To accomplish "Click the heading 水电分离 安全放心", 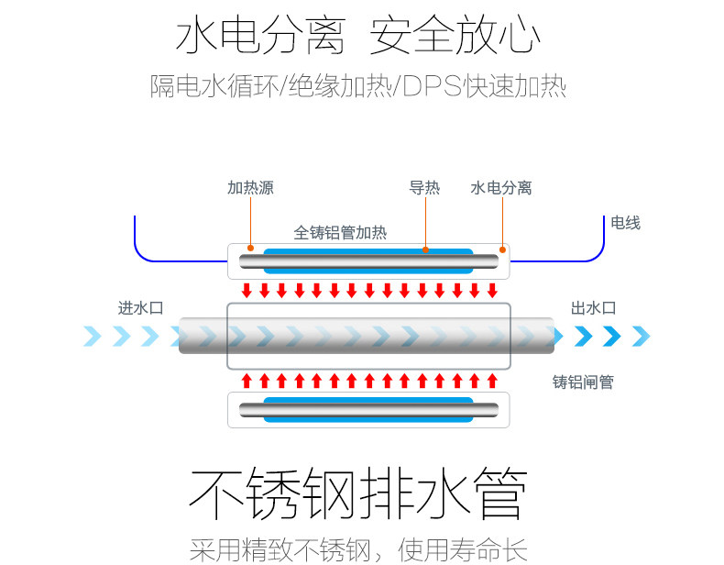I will (x=357, y=38).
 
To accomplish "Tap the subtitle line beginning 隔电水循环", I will (x=357, y=86).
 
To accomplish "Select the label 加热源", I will (x=250, y=188).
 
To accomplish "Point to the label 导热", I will (x=424, y=188).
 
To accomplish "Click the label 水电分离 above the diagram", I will (x=501, y=188).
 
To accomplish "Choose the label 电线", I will (x=626, y=223).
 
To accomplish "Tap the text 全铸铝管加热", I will (x=340, y=233).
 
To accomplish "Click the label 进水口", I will (x=140, y=308).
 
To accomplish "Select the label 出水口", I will (x=593, y=308).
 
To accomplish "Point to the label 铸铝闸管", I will (x=583, y=382).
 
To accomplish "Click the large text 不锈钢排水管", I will (x=357, y=496).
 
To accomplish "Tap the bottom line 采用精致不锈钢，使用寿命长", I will (x=357, y=549).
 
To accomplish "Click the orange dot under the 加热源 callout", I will (x=250, y=248).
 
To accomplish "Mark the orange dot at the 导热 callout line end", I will (x=425, y=249).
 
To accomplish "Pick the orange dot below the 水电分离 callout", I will (x=502, y=249).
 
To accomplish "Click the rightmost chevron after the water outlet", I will (x=640, y=337).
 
